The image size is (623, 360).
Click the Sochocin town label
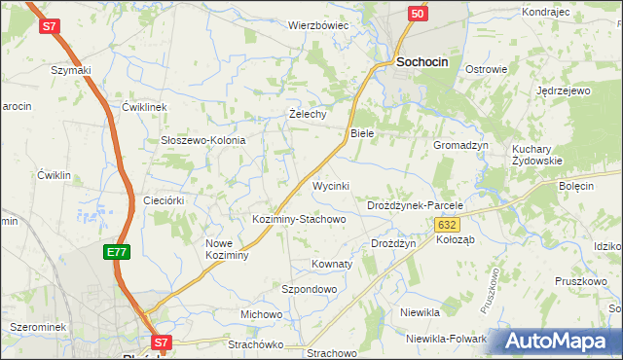click(422, 61)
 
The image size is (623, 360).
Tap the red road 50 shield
click(417, 14)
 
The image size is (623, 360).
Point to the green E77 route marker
click(117, 252)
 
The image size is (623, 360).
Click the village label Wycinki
click(330, 185)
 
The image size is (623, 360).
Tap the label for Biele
click(362, 132)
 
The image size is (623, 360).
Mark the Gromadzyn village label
click(460, 144)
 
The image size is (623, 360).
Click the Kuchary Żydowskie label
click(537, 155)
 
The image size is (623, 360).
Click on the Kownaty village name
click(331, 264)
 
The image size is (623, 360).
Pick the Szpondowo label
click(309, 290)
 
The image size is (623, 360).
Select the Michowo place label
click(261, 314)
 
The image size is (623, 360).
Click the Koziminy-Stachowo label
click(299, 219)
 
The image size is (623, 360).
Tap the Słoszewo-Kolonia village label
click(202, 140)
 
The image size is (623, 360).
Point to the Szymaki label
click(71, 70)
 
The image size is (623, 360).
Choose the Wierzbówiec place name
click(318, 25)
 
